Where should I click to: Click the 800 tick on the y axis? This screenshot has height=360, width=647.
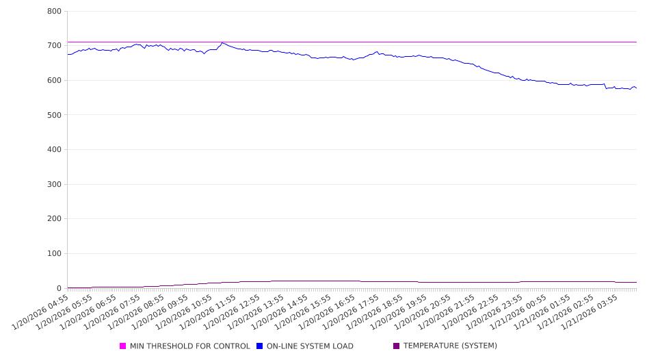pos(55,12)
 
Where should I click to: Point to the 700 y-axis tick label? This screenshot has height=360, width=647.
pos(55,46)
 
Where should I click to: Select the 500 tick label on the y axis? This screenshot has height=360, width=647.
pos(55,115)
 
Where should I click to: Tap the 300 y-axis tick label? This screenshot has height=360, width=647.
pos(55,185)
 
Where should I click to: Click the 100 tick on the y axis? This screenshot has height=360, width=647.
pos(55,254)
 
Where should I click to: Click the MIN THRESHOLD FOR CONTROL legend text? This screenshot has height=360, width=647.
pos(189,346)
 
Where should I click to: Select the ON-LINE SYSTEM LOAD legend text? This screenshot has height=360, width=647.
pos(310,346)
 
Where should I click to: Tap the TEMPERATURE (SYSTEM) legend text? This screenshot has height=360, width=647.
pos(450,346)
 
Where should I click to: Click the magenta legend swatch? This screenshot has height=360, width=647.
pos(123,346)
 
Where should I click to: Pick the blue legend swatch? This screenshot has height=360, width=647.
pos(260,346)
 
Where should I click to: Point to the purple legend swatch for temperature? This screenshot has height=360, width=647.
pos(397,346)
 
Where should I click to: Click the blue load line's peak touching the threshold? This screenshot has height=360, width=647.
pos(222,43)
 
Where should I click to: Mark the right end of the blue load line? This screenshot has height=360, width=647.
pos(636,88)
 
